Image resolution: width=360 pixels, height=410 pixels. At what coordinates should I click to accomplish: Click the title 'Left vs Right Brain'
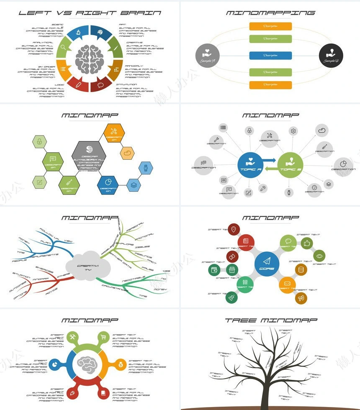90,13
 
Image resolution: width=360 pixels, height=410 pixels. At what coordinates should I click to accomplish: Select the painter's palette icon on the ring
100,32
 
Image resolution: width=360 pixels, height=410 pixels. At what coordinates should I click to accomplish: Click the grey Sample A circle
208,55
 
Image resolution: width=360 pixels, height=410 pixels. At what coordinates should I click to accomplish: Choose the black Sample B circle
331,55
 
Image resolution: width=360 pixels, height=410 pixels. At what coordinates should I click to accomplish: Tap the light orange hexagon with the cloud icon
127,153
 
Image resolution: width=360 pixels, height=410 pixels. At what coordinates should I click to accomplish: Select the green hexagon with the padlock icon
39,141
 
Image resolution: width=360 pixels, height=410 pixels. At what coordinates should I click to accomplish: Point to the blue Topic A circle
250,164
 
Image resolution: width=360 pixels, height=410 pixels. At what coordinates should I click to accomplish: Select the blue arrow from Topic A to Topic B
269,160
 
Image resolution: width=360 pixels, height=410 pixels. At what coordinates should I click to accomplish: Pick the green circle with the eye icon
319,255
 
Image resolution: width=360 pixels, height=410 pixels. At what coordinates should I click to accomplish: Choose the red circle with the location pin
234,229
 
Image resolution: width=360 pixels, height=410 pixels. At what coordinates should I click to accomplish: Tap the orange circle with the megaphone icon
300,298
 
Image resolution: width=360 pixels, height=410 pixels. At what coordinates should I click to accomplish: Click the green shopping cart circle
103,337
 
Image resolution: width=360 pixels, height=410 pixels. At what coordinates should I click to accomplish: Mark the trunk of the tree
265,391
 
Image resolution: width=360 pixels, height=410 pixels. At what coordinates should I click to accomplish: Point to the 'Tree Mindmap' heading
271,320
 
